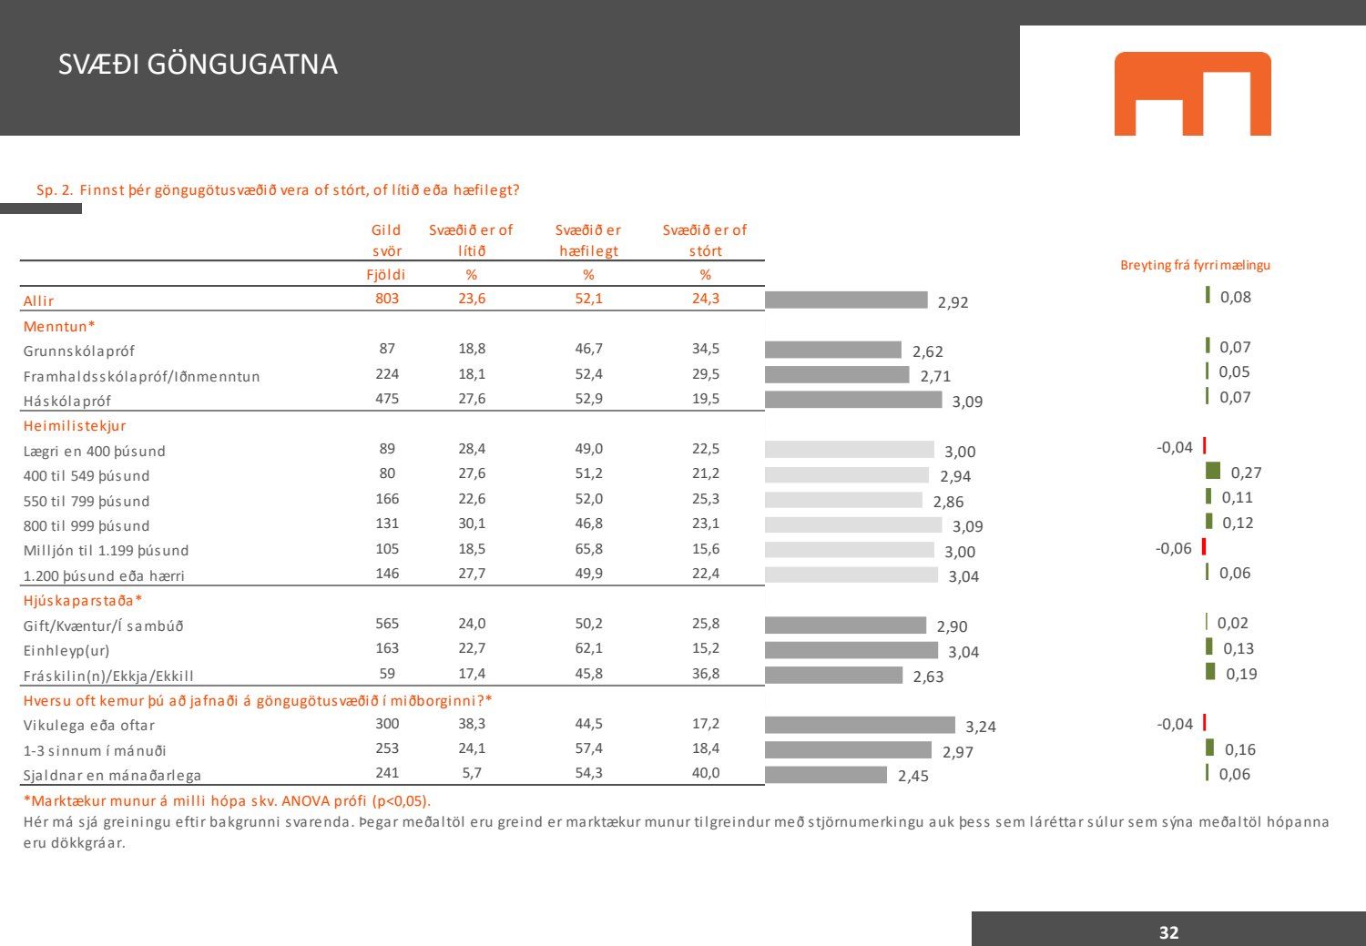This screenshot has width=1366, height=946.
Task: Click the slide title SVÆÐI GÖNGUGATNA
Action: pyautogui.click(x=198, y=65)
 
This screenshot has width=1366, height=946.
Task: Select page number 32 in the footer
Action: pyautogui.click(x=1168, y=932)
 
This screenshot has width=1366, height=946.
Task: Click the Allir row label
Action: pyautogui.click(x=39, y=300)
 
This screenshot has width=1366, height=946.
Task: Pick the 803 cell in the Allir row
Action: pyautogui.click(x=387, y=299)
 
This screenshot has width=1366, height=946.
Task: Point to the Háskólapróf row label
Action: pyautogui.click(x=67, y=401)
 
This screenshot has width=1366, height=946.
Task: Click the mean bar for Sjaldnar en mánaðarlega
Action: pyautogui.click(x=825, y=775)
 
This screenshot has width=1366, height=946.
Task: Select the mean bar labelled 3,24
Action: pyautogui.click(x=860, y=725)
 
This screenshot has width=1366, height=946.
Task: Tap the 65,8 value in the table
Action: pyautogui.click(x=588, y=549)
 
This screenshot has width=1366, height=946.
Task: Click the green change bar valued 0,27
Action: pyautogui.click(x=1213, y=471)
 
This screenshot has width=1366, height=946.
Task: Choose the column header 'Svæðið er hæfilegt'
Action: pyautogui.click(x=588, y=240)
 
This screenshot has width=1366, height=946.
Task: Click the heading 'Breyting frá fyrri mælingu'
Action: pyautogui.click(x=1195, y=265)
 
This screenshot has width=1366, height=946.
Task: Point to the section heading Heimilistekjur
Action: pyautogui.click(x=75, y=425)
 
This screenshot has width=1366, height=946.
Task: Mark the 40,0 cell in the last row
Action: pyautogui.click(x=705, y=773)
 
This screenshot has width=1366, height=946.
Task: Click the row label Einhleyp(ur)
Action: pyautogui.click(x=66, y=651)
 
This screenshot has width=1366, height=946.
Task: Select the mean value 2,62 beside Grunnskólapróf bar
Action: pyautogui.click(x=928, y=351)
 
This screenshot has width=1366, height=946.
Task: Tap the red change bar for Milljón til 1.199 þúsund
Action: pyautogui.click(x=1204, y=547)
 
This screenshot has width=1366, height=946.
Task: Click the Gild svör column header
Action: pyautogui.click(x=387, y=240)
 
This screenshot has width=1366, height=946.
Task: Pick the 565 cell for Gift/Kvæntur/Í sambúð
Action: pyautogui.click(x=387, y=624)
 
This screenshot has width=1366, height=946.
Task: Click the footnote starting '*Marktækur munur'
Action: pyautogui.click(x=227, y=801)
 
